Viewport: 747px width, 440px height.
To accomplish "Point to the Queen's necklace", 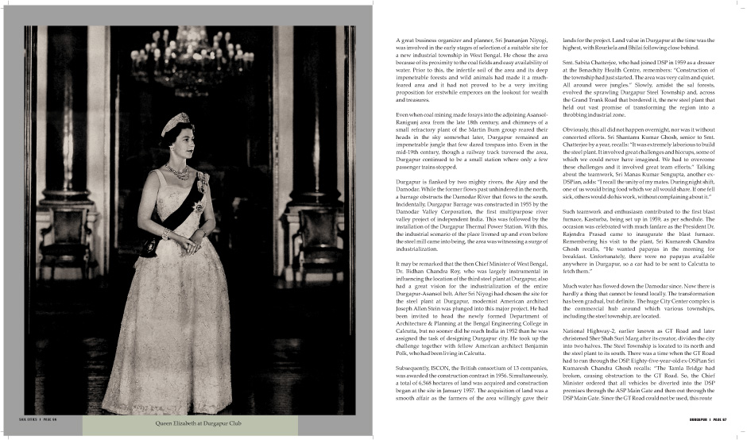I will pyautogui.click(x=177, y=170).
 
